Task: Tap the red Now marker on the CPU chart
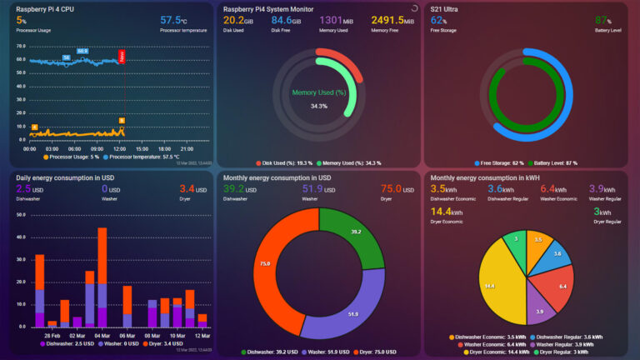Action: click(122, 57)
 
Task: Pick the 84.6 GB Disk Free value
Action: click(285, 20)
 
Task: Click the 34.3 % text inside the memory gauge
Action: click(318, 106)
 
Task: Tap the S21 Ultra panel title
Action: click(447, 8)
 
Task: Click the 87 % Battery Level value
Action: click(601, 20)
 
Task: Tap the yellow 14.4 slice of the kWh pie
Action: click(496, 285)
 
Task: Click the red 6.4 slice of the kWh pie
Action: click(555, 286)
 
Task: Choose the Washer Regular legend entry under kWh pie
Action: click(571, 343)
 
